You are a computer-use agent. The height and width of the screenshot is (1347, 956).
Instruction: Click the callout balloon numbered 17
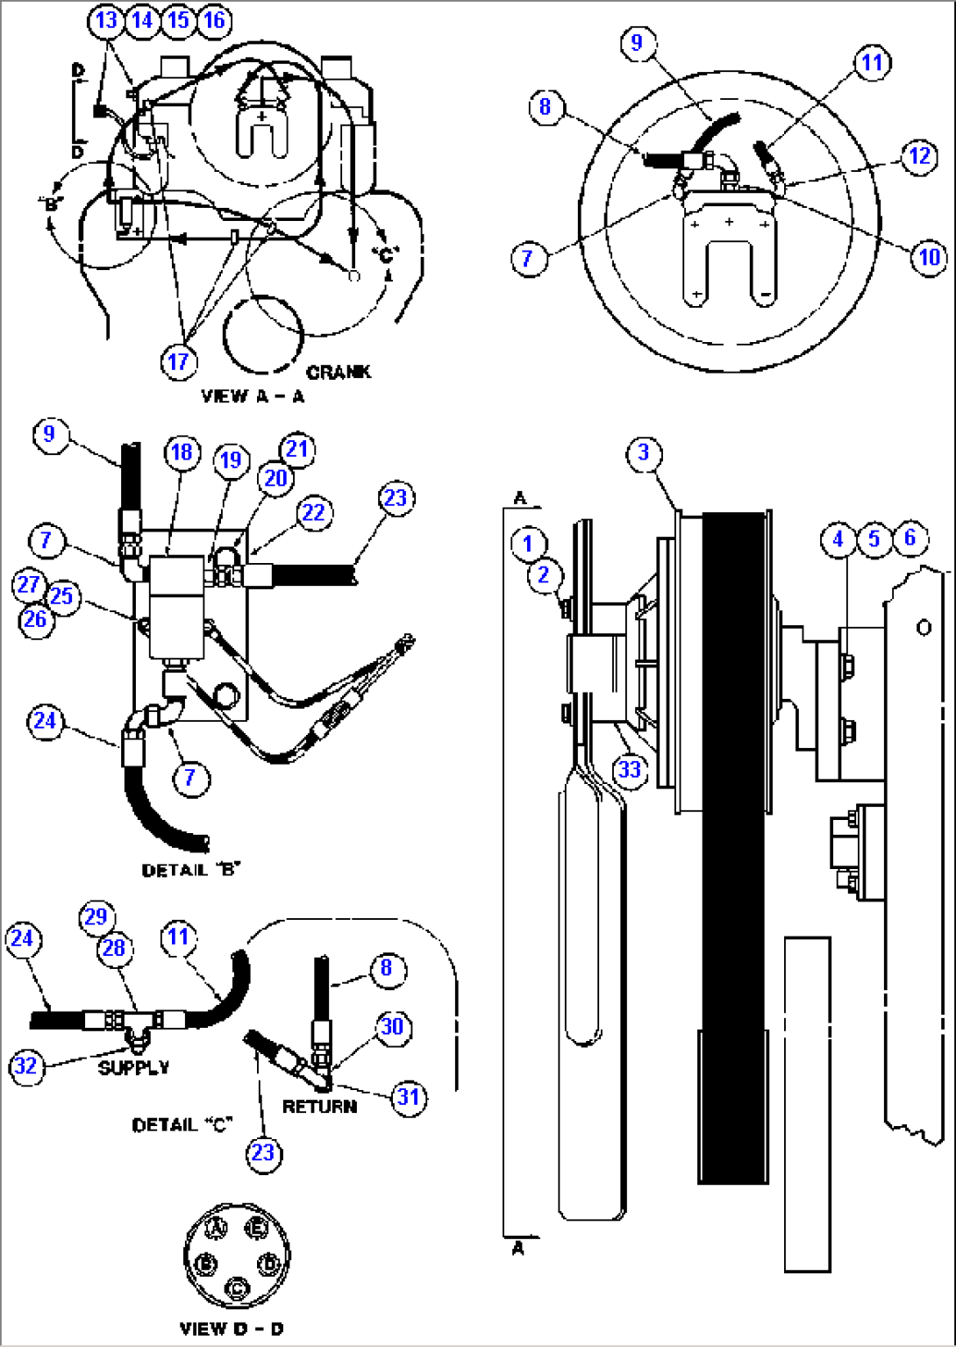pos(178,361)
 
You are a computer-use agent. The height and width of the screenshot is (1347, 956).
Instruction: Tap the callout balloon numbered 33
pos(630,770)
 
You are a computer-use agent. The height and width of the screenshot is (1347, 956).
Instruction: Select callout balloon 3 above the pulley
pos(644,453)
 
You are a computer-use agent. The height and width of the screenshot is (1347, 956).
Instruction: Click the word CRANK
pos(339,372)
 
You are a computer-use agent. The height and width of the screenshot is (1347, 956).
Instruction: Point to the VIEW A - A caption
pos(253,396)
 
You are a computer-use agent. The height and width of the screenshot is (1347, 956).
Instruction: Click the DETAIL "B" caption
pos(191,870)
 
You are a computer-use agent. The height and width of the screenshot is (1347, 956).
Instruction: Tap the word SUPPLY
pos(133,1067)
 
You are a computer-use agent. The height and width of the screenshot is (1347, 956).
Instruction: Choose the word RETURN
pos(319,1107)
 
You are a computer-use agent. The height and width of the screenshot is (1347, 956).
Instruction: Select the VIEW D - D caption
pos(232,1329)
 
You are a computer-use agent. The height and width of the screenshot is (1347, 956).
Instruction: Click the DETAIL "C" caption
pos(182,1124)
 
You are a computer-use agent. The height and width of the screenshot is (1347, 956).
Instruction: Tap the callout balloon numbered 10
pos(929,257)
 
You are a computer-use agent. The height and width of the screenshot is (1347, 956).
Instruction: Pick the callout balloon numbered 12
pos(919,156)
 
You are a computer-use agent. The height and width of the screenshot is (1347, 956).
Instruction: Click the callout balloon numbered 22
pos(313,512)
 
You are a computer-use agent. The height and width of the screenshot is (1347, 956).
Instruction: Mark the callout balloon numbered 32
pos(26,1066)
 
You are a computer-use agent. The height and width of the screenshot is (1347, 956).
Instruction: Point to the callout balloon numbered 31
pos(409,1097)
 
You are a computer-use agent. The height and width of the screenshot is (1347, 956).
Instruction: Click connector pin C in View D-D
pos(237,1288)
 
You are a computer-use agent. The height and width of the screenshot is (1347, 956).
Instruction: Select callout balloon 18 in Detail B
pos(182,452)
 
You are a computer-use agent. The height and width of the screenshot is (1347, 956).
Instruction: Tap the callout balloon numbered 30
pos(392,1026)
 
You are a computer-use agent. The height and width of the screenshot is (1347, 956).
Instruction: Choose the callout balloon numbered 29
pos(96,916)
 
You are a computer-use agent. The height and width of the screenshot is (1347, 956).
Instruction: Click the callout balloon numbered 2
pos(544,574)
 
